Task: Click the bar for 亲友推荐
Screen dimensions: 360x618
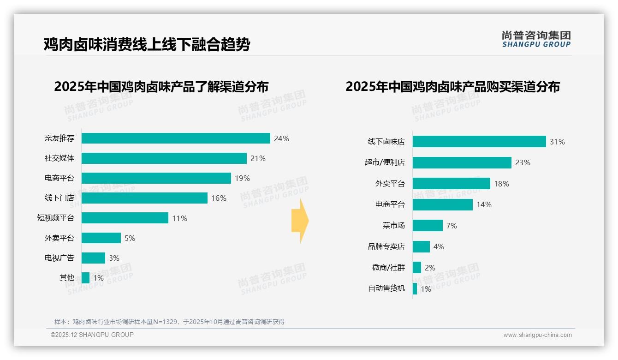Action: tap(176, 138)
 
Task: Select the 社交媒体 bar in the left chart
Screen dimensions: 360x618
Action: tap(164, 158)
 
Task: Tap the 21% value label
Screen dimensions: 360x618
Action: tap(258, 158)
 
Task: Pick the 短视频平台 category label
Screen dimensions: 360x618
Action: tap(55, 218)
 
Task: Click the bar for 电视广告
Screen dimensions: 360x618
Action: tap(94, 258)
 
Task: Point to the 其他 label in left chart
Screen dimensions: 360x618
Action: tap(66, 278)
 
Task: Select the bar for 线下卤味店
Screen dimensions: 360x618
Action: tap(479, 142)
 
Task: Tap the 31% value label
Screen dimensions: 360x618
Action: tap(557, 142)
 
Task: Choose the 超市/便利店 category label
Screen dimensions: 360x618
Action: tap(385, 162)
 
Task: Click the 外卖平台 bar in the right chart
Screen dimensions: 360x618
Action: tap(452, 184)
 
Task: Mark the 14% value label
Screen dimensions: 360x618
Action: tap(484, 204)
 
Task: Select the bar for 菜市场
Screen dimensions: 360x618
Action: tap(428, 226)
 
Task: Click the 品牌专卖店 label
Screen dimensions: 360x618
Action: tap(386, 246)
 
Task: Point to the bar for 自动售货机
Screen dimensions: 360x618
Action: tap(415, 288)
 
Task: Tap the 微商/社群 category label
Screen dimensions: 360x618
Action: tap(388, 268)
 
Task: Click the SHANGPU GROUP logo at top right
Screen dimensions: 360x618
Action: tap(536, 39)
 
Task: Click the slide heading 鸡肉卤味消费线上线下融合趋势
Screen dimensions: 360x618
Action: tap(147, 45)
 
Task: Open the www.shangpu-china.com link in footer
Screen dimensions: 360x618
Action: tap(537, 335)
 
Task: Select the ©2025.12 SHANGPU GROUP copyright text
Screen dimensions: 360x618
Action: tap(92, 335)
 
